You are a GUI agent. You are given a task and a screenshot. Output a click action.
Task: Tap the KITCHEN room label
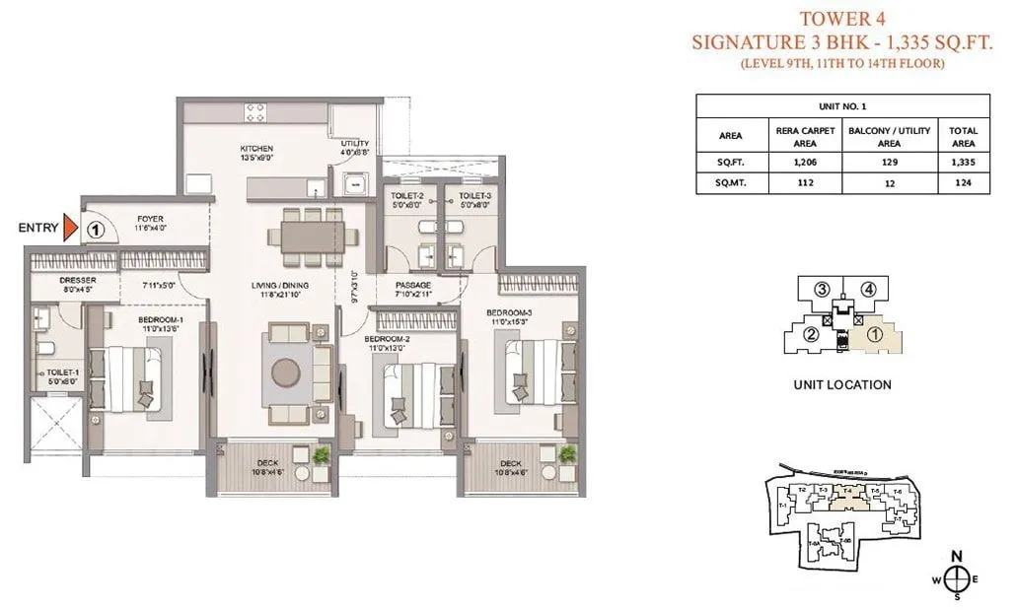(x=256, y=149)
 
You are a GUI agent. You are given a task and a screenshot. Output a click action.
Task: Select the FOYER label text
(x=151, y=219)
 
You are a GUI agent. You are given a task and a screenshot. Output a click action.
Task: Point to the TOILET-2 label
(x=407, y=196)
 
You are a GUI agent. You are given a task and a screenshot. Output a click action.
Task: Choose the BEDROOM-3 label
(x=510, y=312)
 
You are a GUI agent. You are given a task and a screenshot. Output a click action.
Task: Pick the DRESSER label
(x=49, y=280)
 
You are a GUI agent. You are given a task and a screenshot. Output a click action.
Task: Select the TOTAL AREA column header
(x=963, y=137)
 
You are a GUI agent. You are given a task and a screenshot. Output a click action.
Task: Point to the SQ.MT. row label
(x=731, y=181)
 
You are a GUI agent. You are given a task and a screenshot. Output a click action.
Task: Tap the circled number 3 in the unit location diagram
(x=820, y=290)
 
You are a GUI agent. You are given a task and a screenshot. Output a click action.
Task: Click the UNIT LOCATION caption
(x=841, y=385)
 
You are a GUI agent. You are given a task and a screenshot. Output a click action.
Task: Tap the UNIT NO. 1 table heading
(x=842, y=105)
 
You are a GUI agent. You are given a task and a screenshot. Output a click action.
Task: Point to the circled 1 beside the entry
(x=95, y=229)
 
